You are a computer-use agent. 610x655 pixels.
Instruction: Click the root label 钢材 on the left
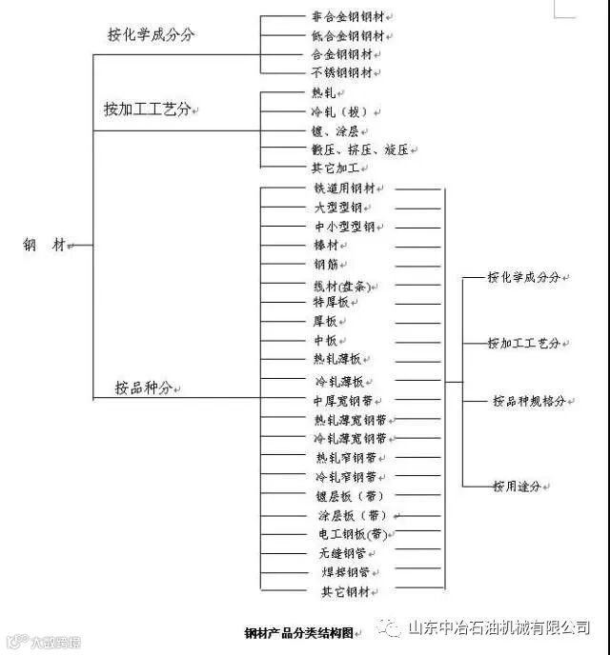(x=45, y=245)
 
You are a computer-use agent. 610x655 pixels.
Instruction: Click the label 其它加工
(x=335, y=168)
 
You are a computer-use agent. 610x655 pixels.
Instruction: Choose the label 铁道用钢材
(x=351, y=189)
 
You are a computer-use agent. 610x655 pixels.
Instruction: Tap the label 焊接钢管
(x=342, y=572)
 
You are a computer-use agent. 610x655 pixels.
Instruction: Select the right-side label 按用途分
(x=517, y=486)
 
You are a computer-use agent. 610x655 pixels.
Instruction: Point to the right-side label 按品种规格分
(x=529, y=401)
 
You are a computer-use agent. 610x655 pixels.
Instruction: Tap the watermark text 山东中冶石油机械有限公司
(x=498, y=627)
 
